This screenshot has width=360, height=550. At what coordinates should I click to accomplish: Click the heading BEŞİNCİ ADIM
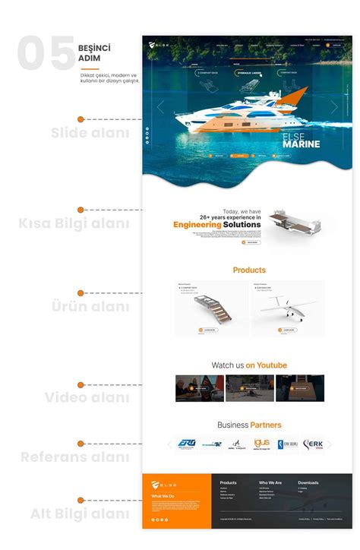(x=94, y=53)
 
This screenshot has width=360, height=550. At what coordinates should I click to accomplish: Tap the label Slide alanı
(x=90, y=134)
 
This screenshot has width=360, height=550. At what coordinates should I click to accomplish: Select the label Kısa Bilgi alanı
(x=74, y=223)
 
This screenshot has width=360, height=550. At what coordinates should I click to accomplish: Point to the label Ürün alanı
(x=90, y=306)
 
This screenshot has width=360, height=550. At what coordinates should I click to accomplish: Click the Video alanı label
(x=87, y=397)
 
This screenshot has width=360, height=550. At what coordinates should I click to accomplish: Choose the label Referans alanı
(x=75, y=457)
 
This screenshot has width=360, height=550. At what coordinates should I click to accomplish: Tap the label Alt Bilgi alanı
(x=80, y=514)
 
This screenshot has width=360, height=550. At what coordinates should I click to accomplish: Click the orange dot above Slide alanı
(x=81, y=119)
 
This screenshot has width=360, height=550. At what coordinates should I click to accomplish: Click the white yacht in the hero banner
(x=228, y=122)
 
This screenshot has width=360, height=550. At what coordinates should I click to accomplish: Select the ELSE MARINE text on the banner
(x=301, y=138)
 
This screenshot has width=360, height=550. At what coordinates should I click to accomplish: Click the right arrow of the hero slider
(x=335, y=107)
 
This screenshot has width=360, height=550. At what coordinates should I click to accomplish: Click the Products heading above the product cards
(x=249, y=270)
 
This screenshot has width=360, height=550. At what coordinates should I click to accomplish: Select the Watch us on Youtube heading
(x=249, y=365)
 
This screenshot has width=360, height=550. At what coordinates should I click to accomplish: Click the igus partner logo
(x=260, y=444)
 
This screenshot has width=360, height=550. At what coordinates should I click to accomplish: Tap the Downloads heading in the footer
(x=308, y=482)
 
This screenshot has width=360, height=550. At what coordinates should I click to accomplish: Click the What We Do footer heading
(x=163, y=497)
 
